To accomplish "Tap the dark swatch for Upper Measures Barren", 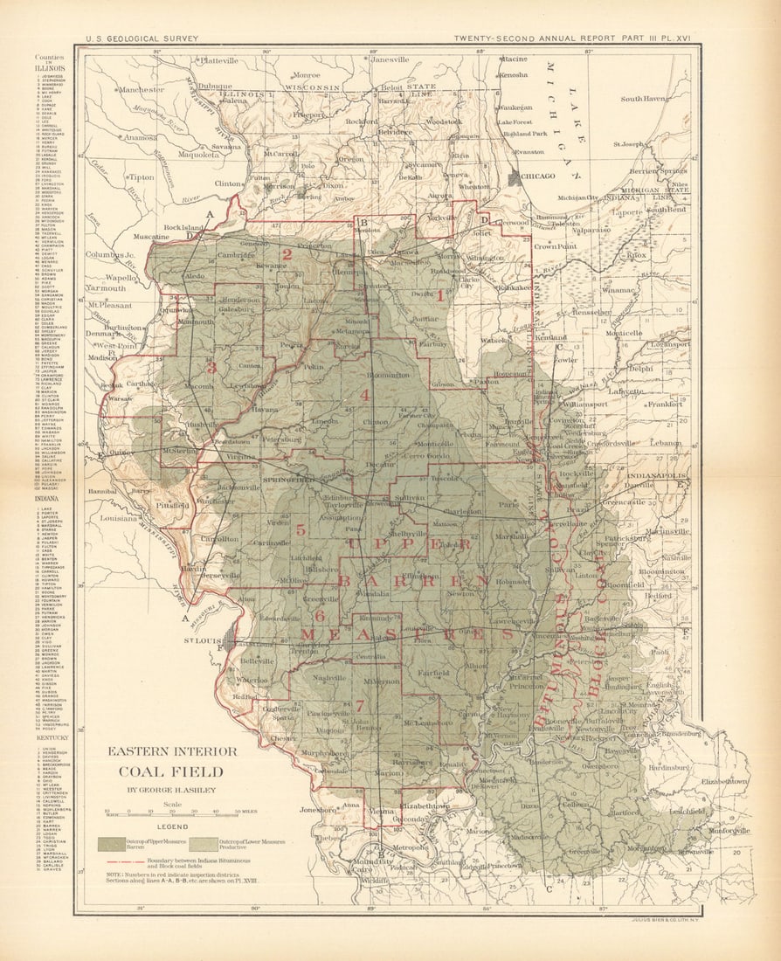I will pyautogui.click(x=110, y=844).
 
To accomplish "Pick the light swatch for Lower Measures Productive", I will pyautogui.click(x=204, y=844).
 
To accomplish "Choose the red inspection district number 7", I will pyautogui.click(x=358, y=704).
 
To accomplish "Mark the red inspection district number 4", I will pyautogui.click(x=364, y=395).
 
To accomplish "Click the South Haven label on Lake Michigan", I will pyautogui.click(x=644, y=99).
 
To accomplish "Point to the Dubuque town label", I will pyautogui.click(x=214, y=86).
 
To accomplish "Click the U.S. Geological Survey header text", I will pyautogui.click(x=142, y=38).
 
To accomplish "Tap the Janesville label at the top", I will pyautogui.click(x=390, y=59).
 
